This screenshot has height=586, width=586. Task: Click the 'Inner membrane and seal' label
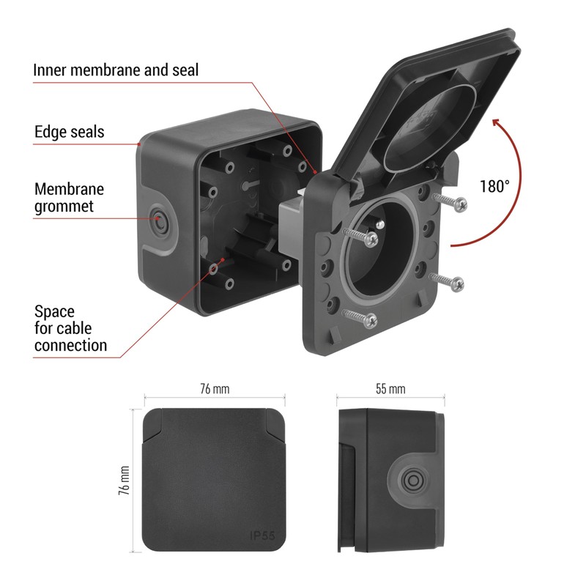116,70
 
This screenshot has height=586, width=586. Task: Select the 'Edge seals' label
70,132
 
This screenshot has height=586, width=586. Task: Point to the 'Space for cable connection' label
70,328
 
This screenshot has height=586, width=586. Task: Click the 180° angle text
494,186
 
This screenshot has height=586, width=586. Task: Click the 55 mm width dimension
390,389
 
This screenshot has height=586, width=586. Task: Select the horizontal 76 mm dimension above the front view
214,389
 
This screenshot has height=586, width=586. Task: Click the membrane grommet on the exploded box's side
158,218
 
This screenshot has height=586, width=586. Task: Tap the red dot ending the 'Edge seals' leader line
140,144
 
